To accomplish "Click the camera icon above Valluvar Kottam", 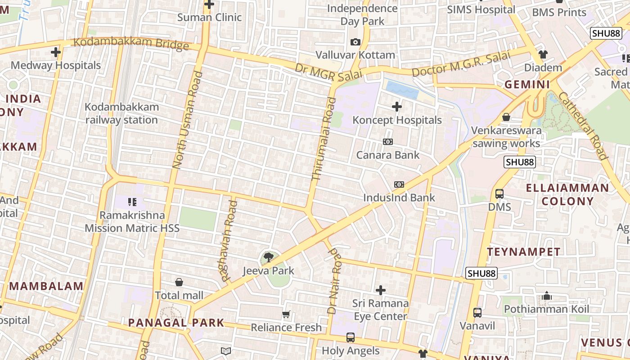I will (355, 42).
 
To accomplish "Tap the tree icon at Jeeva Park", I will (269, 257).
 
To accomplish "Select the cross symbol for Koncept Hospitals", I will (396, 107).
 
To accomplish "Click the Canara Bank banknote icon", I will (387, 142).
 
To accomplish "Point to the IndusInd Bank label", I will (399, 198).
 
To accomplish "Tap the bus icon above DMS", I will (499, 194).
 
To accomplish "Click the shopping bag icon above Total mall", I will (179, 282).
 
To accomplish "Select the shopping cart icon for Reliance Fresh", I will (286, 314).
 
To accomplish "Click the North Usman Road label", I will (185, 120).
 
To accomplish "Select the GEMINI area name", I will (527, 84).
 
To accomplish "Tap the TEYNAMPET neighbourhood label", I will (524, 252).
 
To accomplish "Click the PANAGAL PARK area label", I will (176, 323).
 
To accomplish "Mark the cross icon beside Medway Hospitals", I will (56, 52).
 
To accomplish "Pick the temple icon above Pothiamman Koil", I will (547, 296).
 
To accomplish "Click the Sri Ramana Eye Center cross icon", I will (381, 290).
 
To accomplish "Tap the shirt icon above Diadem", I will (543, 54).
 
